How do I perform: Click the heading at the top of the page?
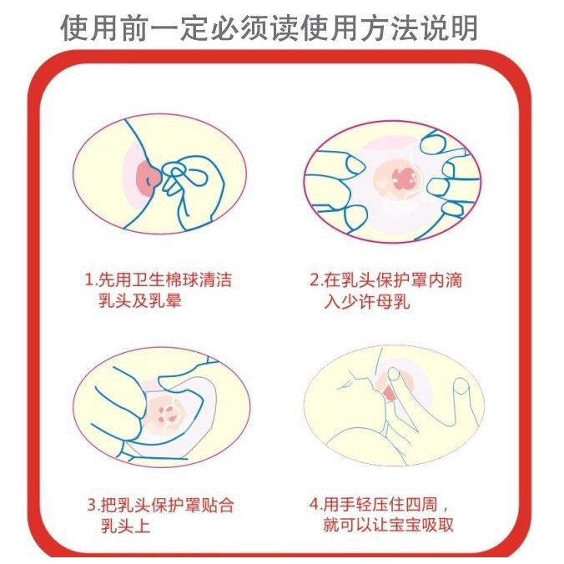click(269, 28)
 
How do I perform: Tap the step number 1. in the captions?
click(90, 280)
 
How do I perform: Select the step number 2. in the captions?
click(316, 280)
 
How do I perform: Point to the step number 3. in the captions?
click(93, 505)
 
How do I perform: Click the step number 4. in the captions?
click(316, 504)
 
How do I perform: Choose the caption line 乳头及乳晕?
click(140, 300)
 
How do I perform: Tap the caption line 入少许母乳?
click(367, 301)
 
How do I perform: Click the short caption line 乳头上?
click(125, 526)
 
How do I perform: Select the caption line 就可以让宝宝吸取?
click(388, 525)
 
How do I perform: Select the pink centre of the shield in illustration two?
click(404, 178)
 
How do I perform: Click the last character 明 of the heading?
click(464, 28)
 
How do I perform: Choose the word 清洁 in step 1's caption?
click(215, 280)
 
